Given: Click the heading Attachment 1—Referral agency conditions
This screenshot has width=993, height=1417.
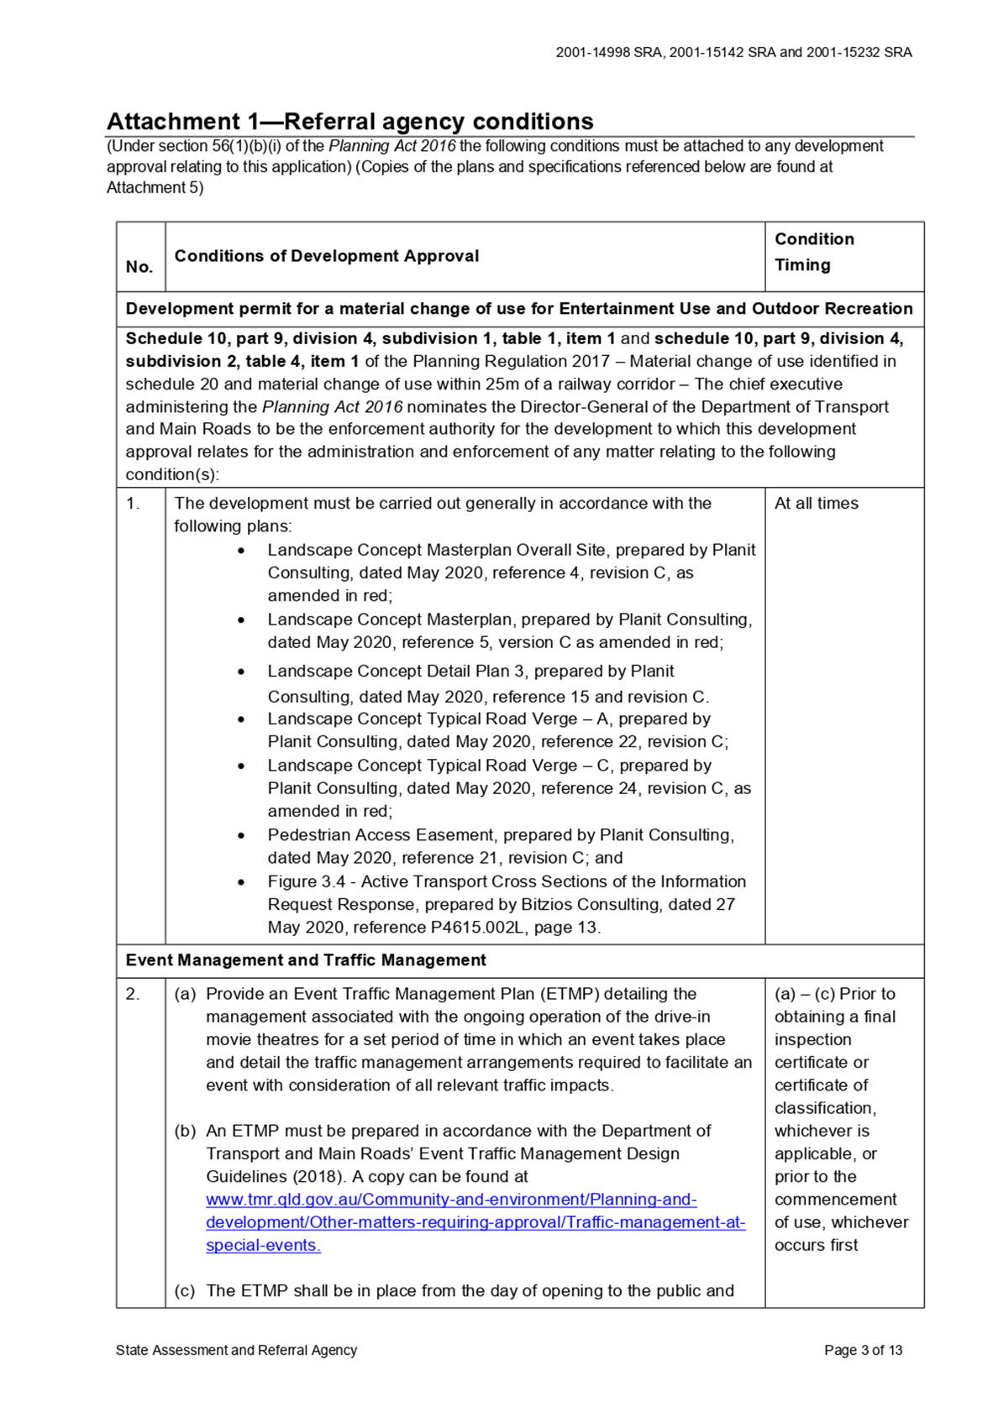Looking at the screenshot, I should tap(349, 122).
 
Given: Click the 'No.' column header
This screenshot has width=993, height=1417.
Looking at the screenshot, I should tap(139, 267).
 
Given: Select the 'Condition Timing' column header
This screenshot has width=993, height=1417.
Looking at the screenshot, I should tap(813, 252).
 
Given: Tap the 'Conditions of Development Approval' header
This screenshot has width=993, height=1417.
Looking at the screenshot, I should tap(327, 256).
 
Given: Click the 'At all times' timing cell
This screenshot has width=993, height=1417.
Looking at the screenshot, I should tap(816, 504).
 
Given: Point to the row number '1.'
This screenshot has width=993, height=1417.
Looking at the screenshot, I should tap(133, 504).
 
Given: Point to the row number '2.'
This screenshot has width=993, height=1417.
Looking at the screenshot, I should tap(133, 994).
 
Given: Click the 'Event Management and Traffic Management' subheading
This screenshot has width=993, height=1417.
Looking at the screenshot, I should tap(306, 960).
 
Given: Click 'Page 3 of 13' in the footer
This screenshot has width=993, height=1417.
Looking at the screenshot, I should tap(863, 1350).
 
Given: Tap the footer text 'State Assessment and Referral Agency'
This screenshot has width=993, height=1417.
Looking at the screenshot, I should tap(236, 1350).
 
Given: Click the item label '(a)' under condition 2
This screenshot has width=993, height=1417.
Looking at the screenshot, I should tap(185, 994).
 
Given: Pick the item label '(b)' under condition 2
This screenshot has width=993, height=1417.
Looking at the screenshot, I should tap(185, 1131).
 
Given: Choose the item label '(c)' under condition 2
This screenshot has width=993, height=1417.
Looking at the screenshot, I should tap(185, 1291).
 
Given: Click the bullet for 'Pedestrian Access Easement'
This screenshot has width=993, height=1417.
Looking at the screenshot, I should tap(242, 836).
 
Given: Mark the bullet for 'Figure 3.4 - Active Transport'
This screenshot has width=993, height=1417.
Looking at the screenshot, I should tap(242, 882).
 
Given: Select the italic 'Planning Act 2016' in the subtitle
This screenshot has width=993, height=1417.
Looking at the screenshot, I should tap(391, 146).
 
